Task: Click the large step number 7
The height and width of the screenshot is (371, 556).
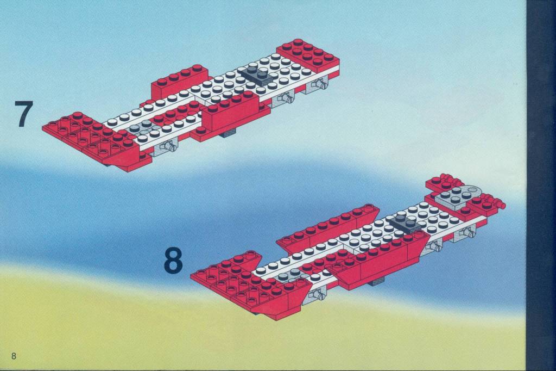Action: point(24,113)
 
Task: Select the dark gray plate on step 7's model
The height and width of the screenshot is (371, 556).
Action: point(256,75)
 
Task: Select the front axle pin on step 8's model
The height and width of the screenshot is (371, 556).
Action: point(317,294)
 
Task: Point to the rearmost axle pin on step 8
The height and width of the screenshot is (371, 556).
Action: point(468,233)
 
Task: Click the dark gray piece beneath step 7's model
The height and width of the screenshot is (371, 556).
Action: point(227,133)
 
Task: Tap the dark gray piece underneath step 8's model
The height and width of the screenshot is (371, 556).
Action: point(376,282)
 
